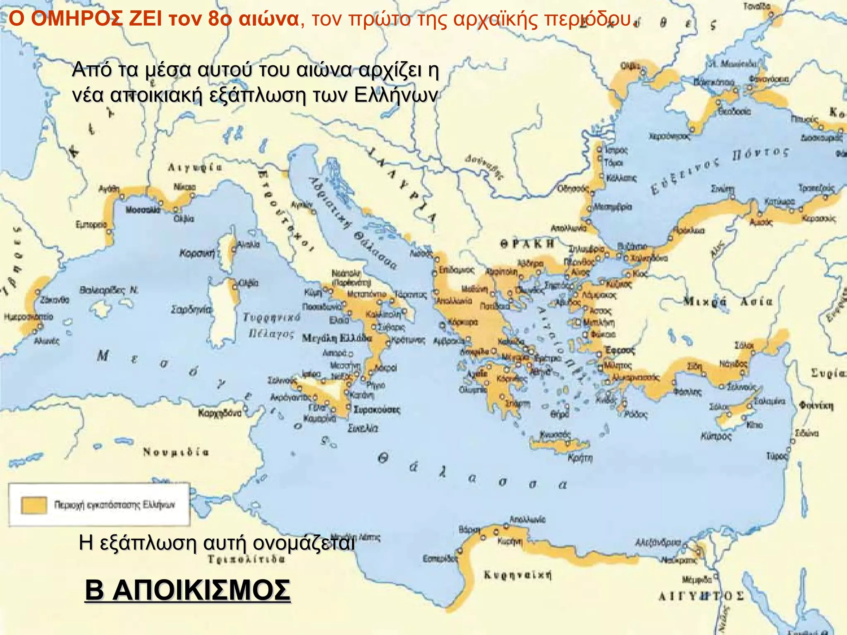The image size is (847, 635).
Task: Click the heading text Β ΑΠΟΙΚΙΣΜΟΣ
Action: tap(187, 590)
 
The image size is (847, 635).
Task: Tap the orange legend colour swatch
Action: tap(34, 505)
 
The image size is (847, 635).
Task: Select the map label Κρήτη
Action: tap(580, 458)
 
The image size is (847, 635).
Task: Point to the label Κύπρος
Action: tap(716, 436)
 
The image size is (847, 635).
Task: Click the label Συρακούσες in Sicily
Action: tap(377, 410)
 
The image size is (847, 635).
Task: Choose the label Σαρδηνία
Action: tap(191, 310)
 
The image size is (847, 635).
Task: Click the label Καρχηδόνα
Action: tap(220, 413)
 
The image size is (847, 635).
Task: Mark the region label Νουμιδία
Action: tap(176, 452)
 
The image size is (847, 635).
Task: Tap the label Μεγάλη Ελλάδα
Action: tap(337, 338)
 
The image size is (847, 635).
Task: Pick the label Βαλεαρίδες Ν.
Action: tap(109, 290)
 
